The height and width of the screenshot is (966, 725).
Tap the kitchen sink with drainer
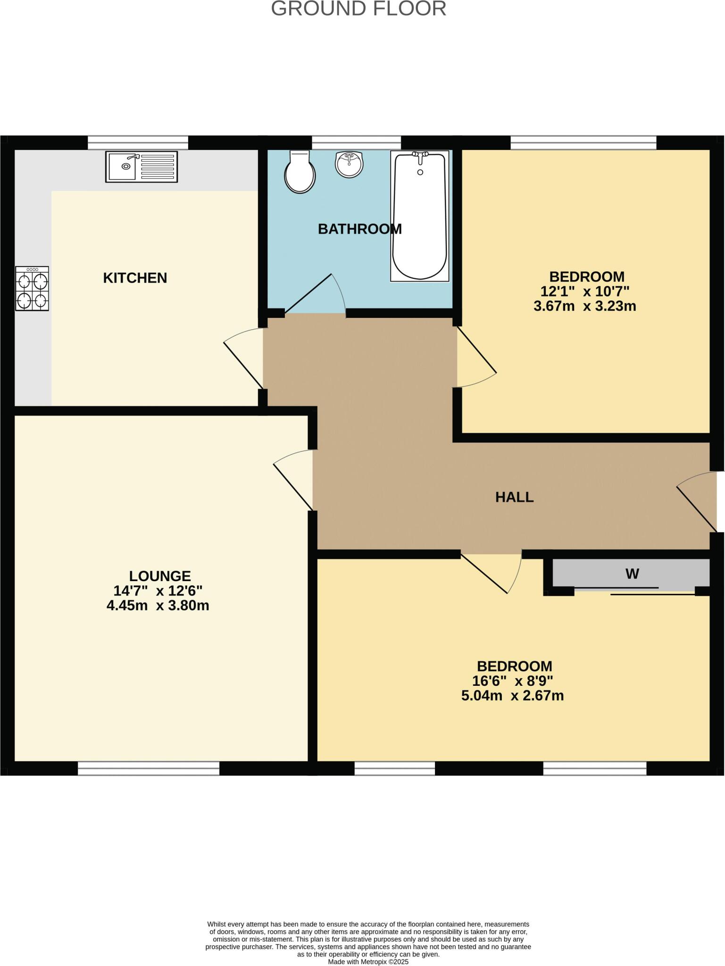pos(142,167)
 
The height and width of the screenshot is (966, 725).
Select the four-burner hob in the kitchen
pos(32,288)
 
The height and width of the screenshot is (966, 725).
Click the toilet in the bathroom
pos(300,173)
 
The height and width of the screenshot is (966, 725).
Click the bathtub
pos(419,216)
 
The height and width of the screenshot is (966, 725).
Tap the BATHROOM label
pos(359,229)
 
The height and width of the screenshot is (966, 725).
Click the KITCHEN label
pos(135,278)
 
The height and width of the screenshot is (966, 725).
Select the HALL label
pos(514,497)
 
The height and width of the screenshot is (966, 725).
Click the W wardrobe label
pos(632,574)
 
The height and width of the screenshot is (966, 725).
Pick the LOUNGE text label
pos(160,576)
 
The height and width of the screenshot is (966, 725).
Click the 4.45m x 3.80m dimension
pos(158,606)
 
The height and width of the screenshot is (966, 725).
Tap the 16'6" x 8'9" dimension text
pos(512,681)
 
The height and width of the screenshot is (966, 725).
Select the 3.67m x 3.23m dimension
pos(584,307)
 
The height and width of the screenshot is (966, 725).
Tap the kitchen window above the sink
pos(138,142)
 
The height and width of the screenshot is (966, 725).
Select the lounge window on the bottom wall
pos(149,769)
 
